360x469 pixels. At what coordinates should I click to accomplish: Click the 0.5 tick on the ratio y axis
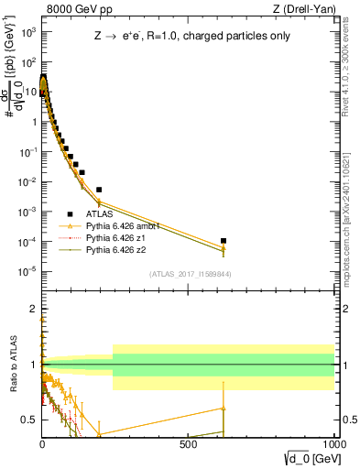pos(30,420)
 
